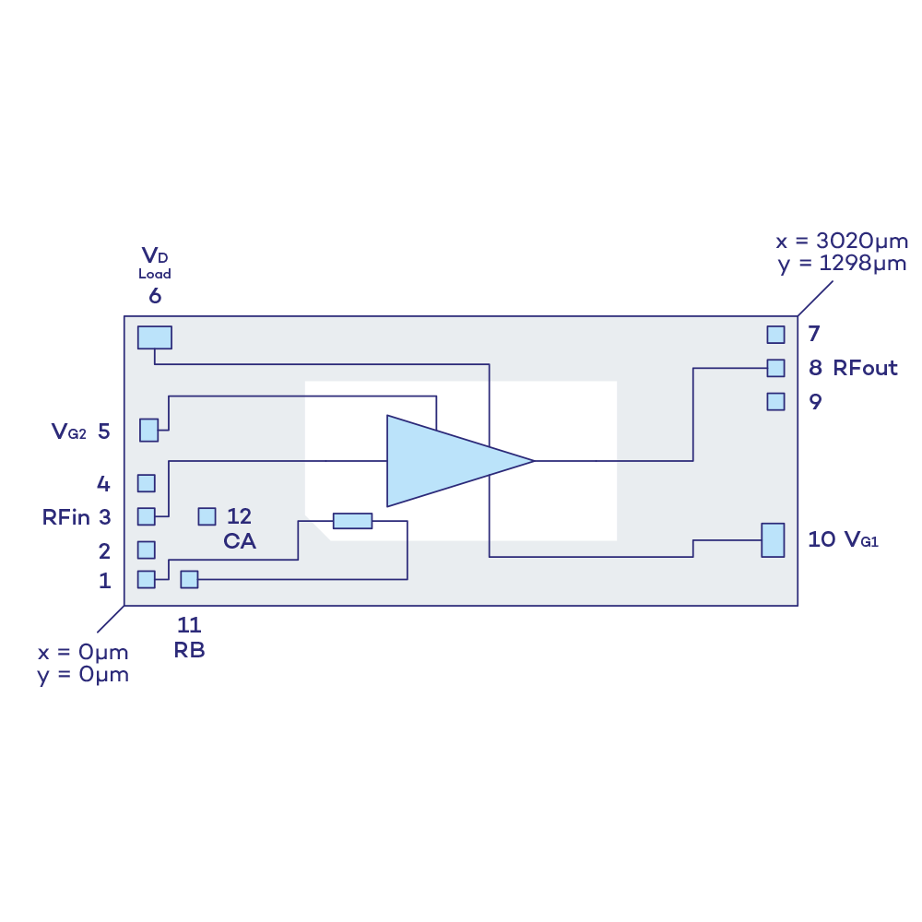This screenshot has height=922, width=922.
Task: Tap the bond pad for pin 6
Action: click(x=155, y=337)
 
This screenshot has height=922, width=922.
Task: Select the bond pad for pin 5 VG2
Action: click(x=148, y=430)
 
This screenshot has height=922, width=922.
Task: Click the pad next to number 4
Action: click(x=147, y=483)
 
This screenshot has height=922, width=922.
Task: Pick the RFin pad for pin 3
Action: click(x=147, y=516)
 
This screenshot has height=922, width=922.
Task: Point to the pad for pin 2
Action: click(x=147, y=550)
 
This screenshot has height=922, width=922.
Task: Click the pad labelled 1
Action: click(x=147, y=579)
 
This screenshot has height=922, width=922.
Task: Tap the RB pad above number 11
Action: click(x=189, y=579)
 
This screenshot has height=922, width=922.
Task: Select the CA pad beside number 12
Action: click(x=207, y=516)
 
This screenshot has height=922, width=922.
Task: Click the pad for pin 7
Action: click(x=776, y=334)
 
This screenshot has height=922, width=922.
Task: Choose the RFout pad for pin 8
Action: click(x=776, y=368)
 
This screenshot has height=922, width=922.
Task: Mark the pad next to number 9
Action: click(x=776, y=401)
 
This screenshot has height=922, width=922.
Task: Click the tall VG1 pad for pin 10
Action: click(x=773, y=539)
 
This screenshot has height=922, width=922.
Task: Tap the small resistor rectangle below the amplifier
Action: click(x=352, y=521)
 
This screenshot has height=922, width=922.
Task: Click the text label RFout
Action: click(x=866, y=368)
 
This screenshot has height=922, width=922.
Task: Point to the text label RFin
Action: click(x=66, y=517)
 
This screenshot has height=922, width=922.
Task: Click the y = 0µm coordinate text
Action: click(x=83, y=674)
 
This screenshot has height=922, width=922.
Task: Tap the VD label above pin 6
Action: click(x=155, y=255)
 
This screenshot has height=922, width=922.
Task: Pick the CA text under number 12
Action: click(x=240, y=542)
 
